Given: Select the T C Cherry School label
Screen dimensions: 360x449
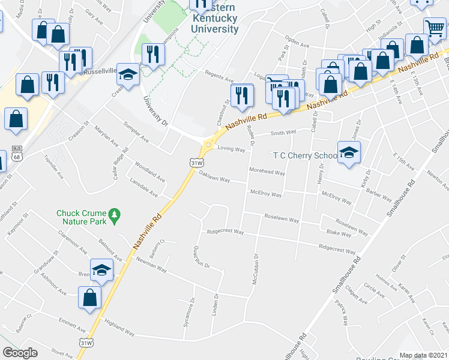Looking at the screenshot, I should pos(305,155).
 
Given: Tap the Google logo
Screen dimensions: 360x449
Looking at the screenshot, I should pos(20,353).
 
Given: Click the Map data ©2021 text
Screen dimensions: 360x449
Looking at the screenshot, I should pos(424,355).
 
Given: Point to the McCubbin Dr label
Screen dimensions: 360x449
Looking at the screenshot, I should pos(255,269).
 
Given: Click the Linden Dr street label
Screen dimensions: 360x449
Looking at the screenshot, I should pos(215,304).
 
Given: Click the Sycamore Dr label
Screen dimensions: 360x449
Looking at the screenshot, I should pos(193,309).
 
